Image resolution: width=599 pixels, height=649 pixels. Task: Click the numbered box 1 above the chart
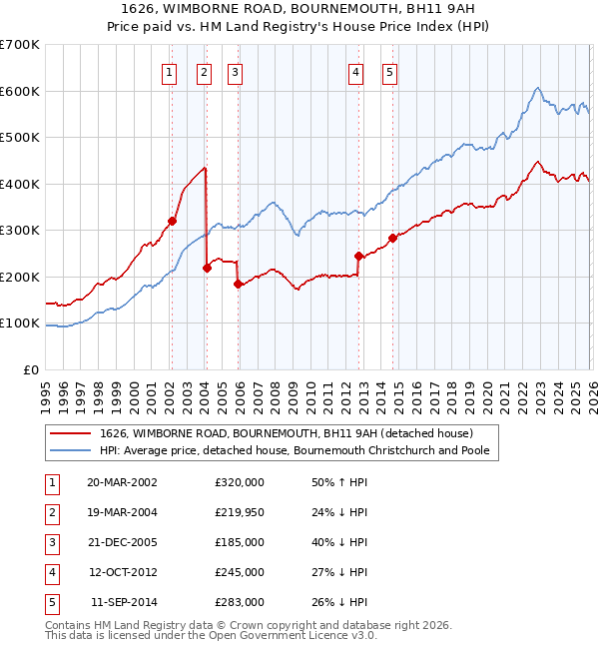[169, 71]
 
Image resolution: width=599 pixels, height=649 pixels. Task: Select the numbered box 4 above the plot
[355, 71]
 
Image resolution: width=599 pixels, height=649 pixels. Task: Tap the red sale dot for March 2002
[172, 221]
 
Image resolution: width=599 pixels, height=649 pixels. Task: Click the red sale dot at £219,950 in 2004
[207, 268]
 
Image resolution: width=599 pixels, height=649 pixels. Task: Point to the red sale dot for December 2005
[239, 284]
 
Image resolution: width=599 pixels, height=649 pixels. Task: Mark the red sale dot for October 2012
[358, 256]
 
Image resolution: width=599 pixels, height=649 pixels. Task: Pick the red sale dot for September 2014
[392, 238]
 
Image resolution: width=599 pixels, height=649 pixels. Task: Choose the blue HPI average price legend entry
[299, 450]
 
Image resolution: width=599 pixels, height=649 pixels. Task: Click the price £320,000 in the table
[240, 481]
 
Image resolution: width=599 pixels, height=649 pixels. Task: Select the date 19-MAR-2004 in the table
[122, 511]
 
